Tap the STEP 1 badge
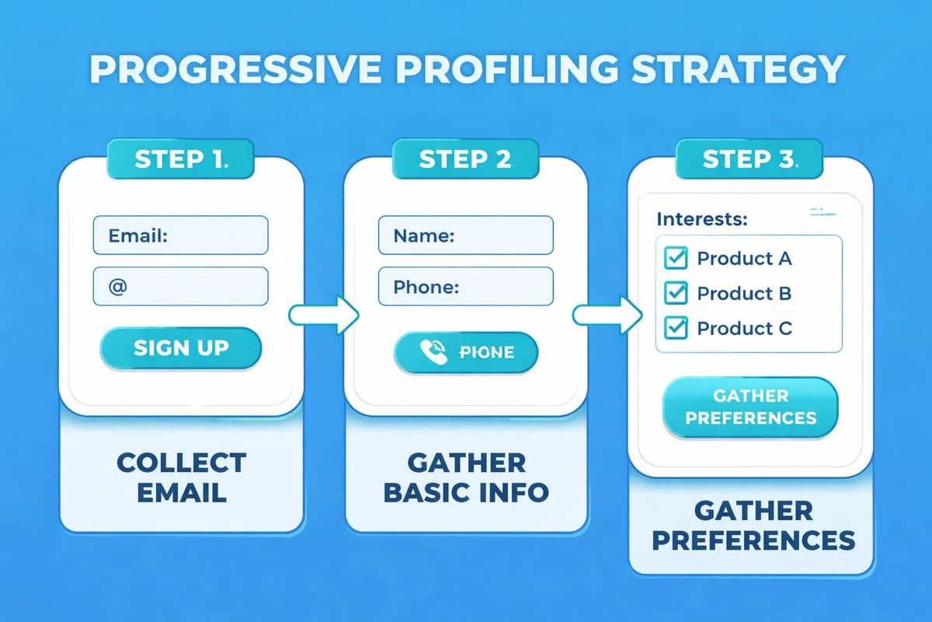180,159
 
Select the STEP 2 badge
464,159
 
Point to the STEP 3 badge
749,159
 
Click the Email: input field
180,236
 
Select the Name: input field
465,236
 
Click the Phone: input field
465,286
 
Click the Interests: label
702,218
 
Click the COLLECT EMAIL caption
180,476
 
